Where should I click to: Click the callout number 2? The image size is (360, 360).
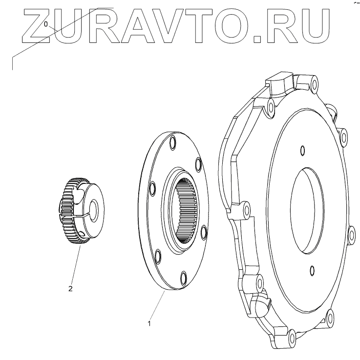point(70,289)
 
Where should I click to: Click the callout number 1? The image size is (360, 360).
point(149,324)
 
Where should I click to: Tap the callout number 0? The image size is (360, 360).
point(46,24)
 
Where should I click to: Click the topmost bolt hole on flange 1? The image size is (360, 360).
point(173,143)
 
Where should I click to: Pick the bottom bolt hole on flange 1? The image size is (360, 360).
point(184,278)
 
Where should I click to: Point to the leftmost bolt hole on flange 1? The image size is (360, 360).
point(152,188)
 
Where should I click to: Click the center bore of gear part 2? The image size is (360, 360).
point(94,211)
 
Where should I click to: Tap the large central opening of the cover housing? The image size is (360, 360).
point(307,211)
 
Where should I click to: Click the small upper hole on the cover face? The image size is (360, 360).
point(303,151)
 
